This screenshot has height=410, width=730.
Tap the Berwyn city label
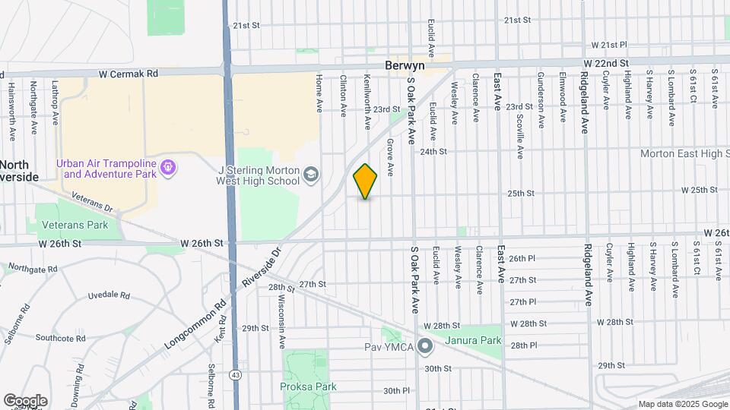tap(405, 66)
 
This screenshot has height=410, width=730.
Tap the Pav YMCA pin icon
tap(425, 346)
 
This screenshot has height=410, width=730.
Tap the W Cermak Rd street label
tap(128, 74)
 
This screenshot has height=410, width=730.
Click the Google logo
tap(25, 400)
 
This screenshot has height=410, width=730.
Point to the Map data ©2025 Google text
tap(682, 404)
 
